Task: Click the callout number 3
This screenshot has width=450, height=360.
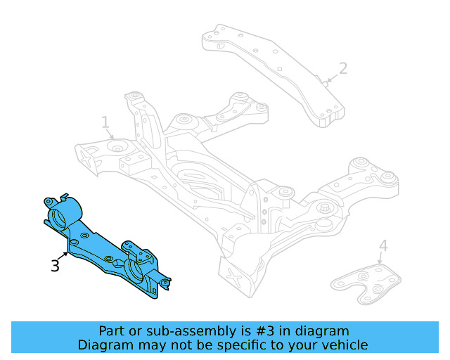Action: pyautogui.click(x=55, y=265)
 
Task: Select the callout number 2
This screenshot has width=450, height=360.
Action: pyautogui.click(x=342, y=68)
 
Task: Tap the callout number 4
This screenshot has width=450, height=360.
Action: pyautogui.click(x=382, y=245)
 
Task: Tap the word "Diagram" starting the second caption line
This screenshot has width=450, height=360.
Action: pyautogui.click(x=103, y=345)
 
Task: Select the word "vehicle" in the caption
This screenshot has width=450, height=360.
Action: pyautogui.click(x=344, y=345)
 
